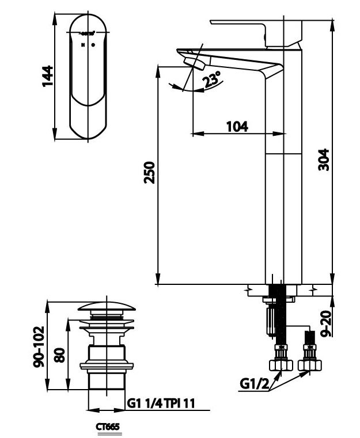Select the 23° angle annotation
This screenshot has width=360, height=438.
[212, 81]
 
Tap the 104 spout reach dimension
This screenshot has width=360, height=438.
[237, 126]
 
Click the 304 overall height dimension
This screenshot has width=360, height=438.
[324, 159]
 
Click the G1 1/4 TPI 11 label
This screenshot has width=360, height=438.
[160, 403]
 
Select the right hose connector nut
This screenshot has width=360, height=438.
[310, 364]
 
